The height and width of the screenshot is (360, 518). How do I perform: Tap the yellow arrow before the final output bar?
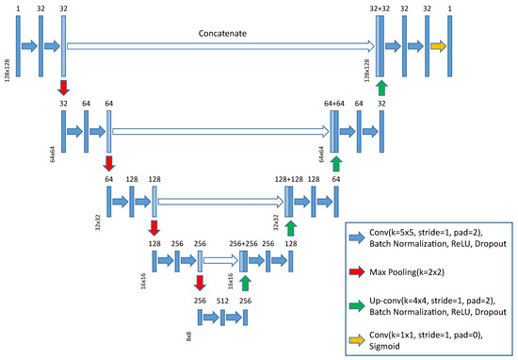click(x=437, y=44)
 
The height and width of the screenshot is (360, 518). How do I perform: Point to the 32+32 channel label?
click(x=380, y=8)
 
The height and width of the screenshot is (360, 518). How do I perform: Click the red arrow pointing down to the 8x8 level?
click(x=200, y=283)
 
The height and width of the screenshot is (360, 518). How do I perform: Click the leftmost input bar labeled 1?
click(x=18, y=44)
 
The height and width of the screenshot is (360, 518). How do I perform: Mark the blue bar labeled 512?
click(x=222, y=319)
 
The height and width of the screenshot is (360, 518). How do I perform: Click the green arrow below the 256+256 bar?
click(x=245, y=283)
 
